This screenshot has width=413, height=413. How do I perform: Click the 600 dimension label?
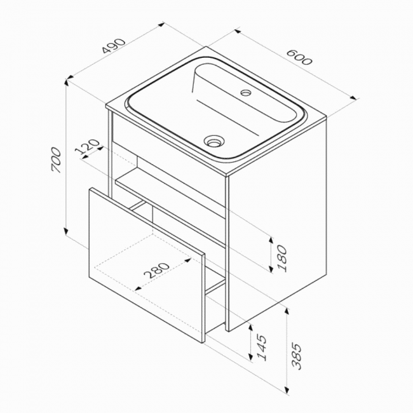click(299, 57)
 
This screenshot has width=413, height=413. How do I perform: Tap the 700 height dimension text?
click(57, 160)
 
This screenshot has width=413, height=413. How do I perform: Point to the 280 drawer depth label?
click(157, 270)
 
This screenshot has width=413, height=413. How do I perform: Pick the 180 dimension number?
click(282, 258)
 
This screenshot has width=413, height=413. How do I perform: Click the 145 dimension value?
click(262, 348)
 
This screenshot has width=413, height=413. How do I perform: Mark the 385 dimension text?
click(296, 356)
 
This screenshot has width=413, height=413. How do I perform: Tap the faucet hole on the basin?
click(247, 93)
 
